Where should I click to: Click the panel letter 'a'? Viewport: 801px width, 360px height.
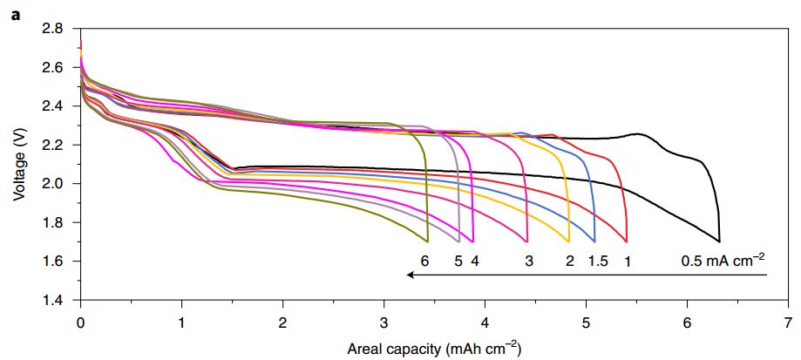pyautogui.click(x=15, y=11)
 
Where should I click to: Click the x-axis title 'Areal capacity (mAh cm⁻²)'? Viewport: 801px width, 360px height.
pyautogui.click(x=433, y=350)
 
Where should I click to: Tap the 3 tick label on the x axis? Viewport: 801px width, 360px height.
pyautogui.click(x=384, y=320)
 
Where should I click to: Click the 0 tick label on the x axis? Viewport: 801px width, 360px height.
pyautogui.click(x=80, y=320)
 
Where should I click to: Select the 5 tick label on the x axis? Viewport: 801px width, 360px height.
pyautogui.click(x=586, y=320)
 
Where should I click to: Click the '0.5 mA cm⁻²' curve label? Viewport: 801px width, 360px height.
pyautogui.click(x=723, y=259)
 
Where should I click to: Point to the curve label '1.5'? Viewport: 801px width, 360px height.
pyautogui.click(x=598, y=260)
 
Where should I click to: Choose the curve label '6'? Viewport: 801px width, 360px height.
pyautogui.click(x=424, y=260)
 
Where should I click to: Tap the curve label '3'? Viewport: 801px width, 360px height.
pyautogui.click(x=529, y=260)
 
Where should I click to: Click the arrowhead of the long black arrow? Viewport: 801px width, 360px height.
pyautogui.click(x=409, y=275)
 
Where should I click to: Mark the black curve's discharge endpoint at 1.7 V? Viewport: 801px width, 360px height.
pyautogui.click(x=719, y=241)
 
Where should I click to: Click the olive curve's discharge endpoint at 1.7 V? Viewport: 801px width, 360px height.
pyautogui.click(x=427, y=241)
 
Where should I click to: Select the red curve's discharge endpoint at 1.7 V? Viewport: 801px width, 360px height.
pyautogui.click(x=627, y=241)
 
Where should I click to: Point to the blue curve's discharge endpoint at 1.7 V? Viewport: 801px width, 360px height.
pyautogui.click(x=594, y=241)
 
